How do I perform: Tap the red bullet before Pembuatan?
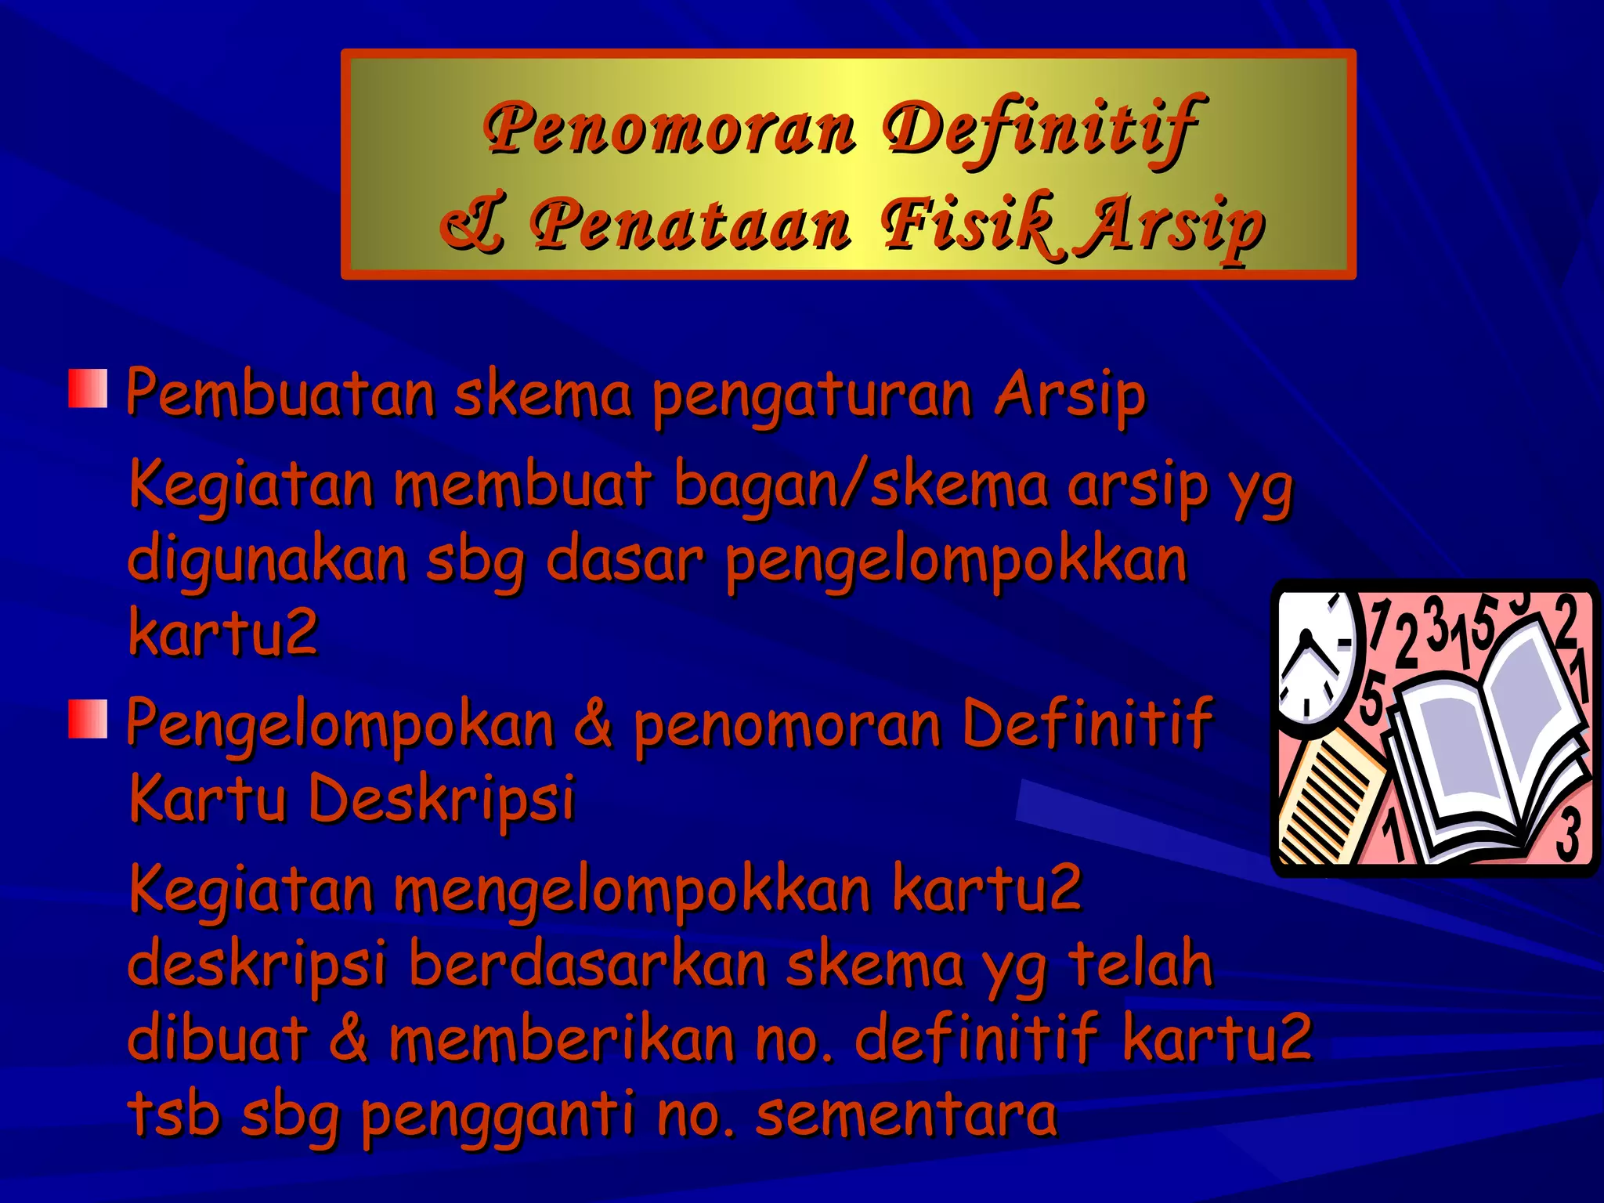[x=87, y=389]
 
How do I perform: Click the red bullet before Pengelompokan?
[x=87, y=720]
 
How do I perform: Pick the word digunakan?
[x=266, y=562]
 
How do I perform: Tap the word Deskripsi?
[x=443, y=800]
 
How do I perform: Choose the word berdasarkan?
[x=587, y=964]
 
